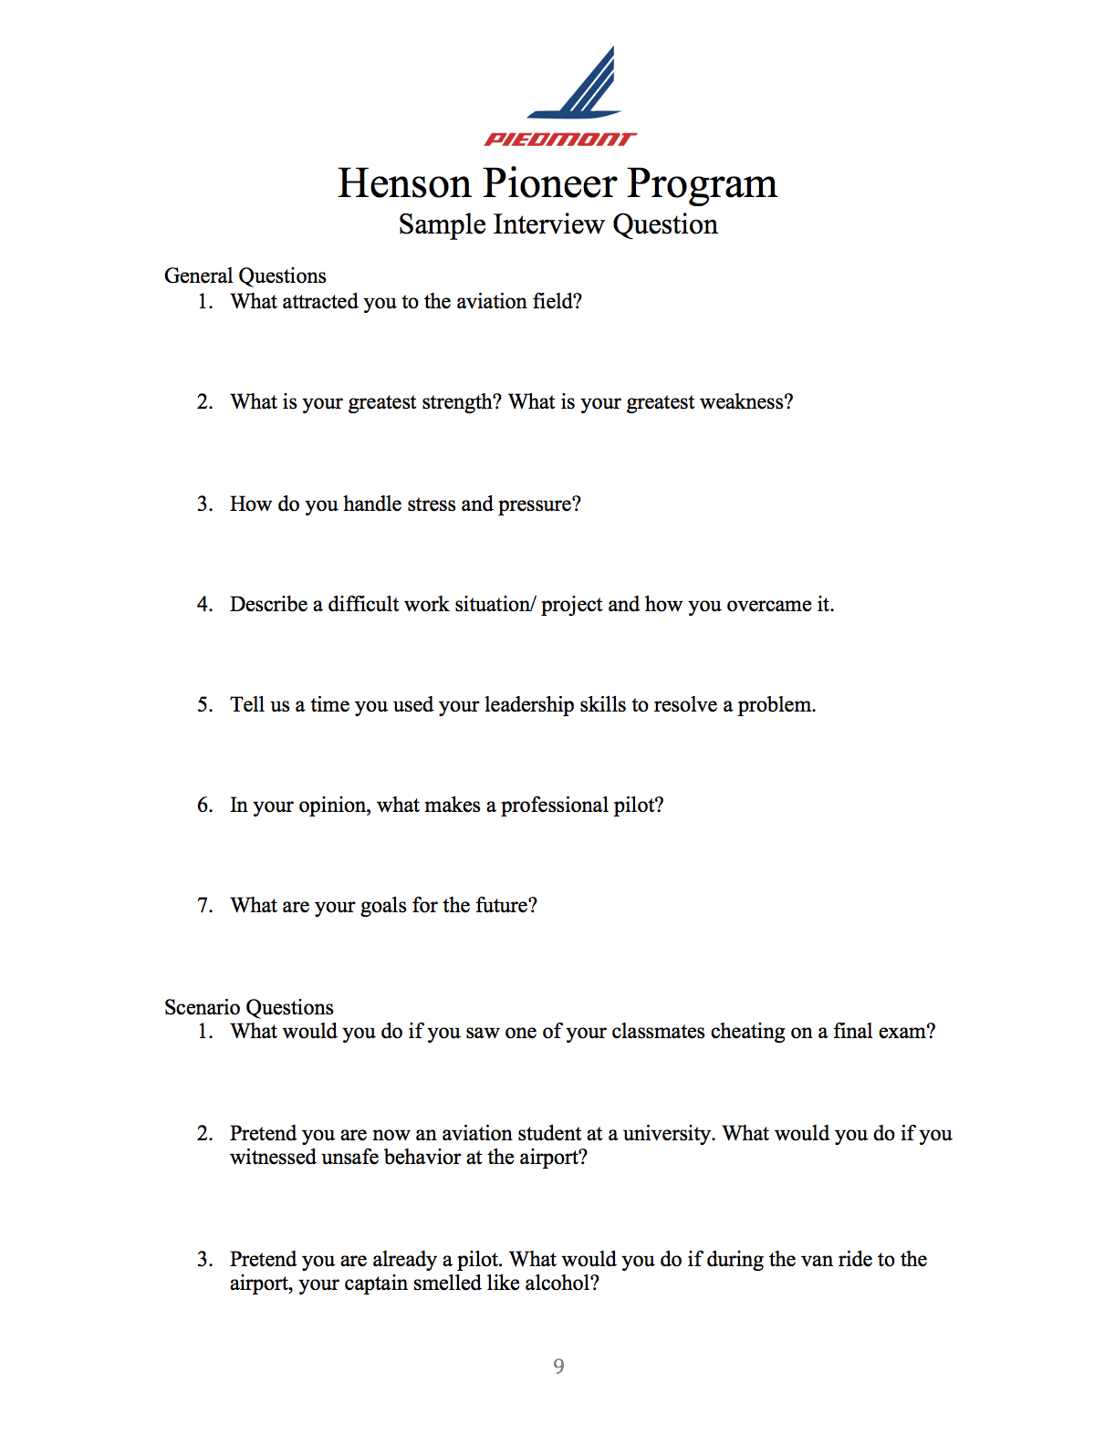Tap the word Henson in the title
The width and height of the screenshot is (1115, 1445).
[x=404, y=183]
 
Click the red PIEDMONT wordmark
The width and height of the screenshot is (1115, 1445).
[x=559, y=139]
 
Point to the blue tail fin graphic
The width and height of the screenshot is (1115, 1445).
[x=584, y=87]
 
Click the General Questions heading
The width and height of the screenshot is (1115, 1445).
[x=245, y=275]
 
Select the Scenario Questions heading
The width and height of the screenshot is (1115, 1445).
[x=248, y=1007]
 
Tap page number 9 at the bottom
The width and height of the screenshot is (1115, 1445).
[x=558, y=1366]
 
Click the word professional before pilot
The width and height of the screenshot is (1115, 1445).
[x=554, y=806]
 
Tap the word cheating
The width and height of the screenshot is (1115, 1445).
[x=747, y=1032]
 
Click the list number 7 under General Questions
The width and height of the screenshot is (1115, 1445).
[x=204, y=906]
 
